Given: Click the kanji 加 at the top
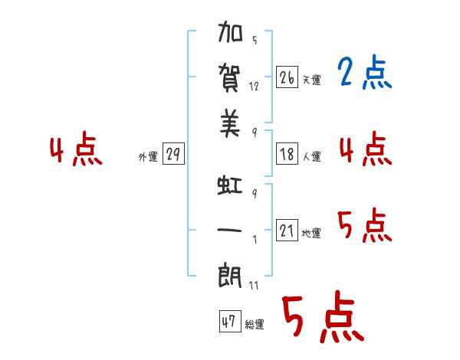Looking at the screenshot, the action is (230, 31).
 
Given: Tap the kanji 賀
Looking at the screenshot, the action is (230, 78).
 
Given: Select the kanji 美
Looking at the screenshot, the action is (230, 123).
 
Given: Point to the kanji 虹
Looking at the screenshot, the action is (230, 185).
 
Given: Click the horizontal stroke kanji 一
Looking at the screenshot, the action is (229, 230).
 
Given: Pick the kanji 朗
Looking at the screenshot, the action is (230, 277).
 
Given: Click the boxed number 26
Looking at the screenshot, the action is (287, 77).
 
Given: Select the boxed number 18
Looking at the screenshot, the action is (287, 154).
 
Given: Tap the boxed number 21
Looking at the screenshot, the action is (287, 230).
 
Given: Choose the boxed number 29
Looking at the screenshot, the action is (173, 154).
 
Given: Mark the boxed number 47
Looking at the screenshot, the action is (230, 321).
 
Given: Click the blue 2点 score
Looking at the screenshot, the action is (365, 72).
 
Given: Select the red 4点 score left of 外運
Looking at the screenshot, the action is (76, 149).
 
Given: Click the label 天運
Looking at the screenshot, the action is (312, 80).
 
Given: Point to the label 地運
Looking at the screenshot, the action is (311, 233).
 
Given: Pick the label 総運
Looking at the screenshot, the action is (255, 324).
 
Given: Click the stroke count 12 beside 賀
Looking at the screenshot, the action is (254, 87).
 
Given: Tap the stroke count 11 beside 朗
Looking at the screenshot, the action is (254, 285).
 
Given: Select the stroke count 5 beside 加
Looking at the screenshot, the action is (255, 40).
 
